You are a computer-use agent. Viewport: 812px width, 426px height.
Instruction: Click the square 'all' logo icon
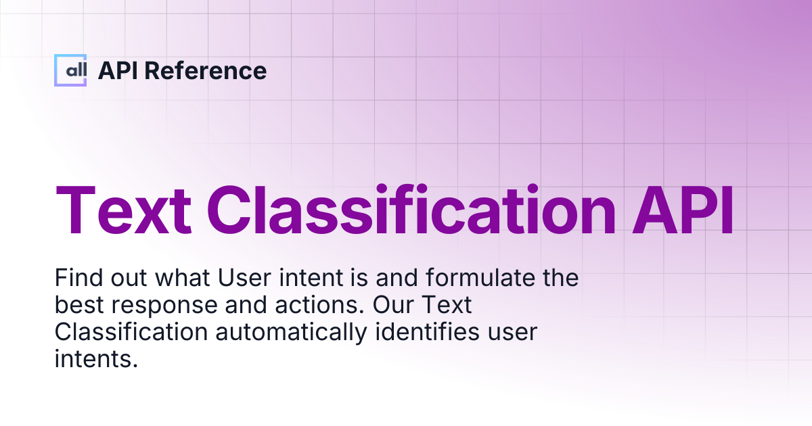[x=70, y=70]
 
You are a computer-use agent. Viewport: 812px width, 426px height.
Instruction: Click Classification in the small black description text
[x=131, y=333]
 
